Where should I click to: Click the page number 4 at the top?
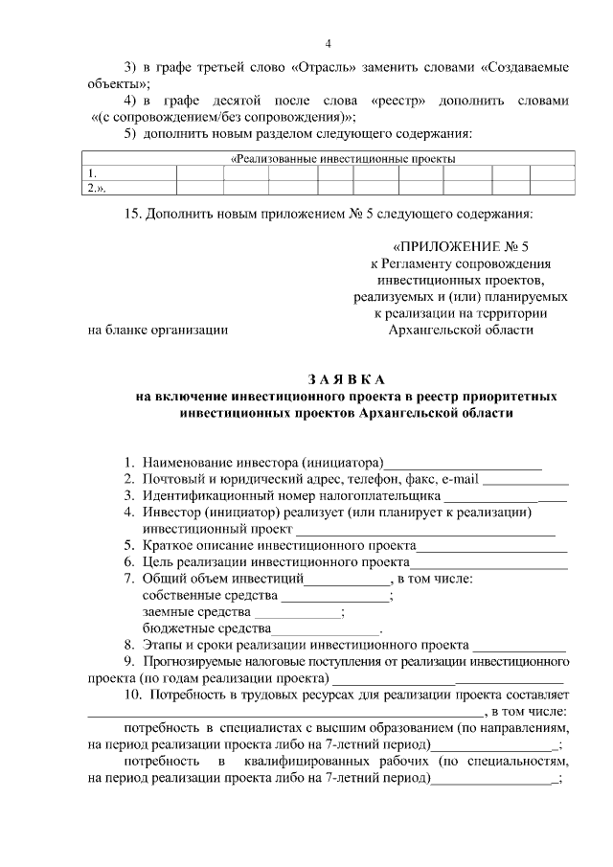pos(328,44)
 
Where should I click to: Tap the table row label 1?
pos(92,173)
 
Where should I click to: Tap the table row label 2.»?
pos(96,188)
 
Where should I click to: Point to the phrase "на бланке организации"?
pos(157,330)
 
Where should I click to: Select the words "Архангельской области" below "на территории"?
pos(459,330)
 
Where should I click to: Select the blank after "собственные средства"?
pos(343,596)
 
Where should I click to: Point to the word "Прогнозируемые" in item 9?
pos(197,661)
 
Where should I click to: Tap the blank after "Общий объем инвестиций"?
pos(345,580)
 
